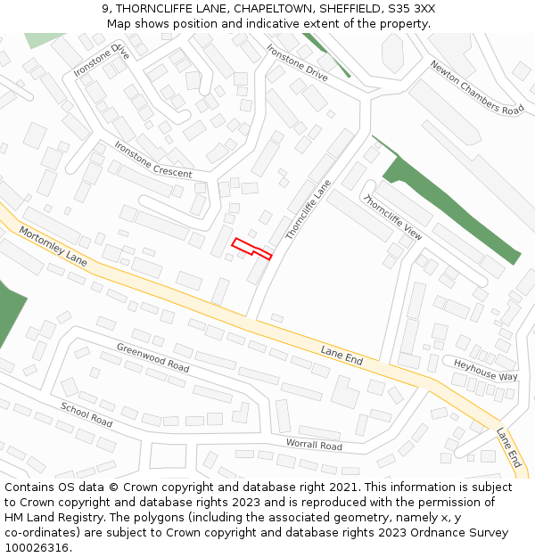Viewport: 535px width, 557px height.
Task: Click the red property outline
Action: tap(251, 247)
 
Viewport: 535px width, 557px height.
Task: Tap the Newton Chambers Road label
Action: tap(477, 87)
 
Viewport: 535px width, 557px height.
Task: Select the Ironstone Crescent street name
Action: tap(152, 160)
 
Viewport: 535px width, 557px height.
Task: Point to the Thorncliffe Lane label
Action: tap(308, 209)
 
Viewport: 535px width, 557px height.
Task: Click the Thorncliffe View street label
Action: tap(392, 217)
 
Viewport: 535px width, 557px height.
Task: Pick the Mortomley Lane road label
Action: tap(53, 247)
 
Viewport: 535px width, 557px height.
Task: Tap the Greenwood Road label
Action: tap(152, 357)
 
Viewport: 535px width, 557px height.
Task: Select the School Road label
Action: tap(86, 414)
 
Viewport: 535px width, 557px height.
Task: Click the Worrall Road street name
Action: tap(314, 445)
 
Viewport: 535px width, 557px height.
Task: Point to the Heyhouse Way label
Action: tap(485, 370)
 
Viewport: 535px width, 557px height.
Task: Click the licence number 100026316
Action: tap(37, 548)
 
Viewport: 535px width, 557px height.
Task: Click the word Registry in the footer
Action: tap(95, 518)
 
